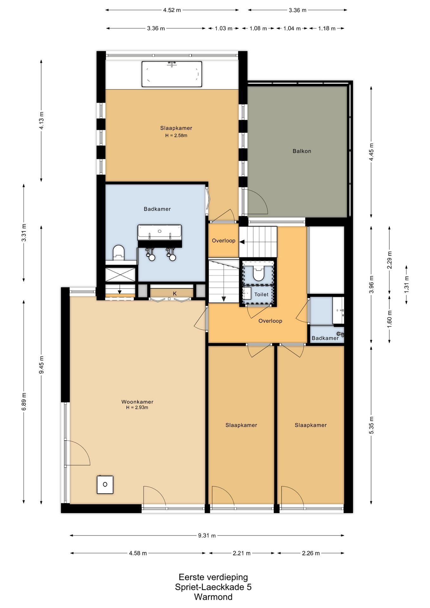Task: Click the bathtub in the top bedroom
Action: pos(172,74)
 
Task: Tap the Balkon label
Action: pos(302,151)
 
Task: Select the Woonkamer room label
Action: pos(137,402)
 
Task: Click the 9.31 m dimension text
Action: pos(207,535)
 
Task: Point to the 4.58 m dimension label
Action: pos(138,553)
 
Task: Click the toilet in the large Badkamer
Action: pos(119,252)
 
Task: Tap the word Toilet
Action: pos(262,294)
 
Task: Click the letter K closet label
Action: pos(175,294)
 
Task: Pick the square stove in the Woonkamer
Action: pos(105,484)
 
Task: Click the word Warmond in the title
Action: pos(213,597)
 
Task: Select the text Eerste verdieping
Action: pos(213,577)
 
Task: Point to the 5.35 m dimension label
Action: pos(371,425)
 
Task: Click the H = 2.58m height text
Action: pos(176,136)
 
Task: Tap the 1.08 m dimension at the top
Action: pos(258,28)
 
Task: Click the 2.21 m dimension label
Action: pos(242,553)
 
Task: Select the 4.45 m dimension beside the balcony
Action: pos(371,152)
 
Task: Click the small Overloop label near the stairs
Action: pos(224,241)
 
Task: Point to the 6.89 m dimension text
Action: pos(24,401)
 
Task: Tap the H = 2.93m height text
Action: pos(137,408)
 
